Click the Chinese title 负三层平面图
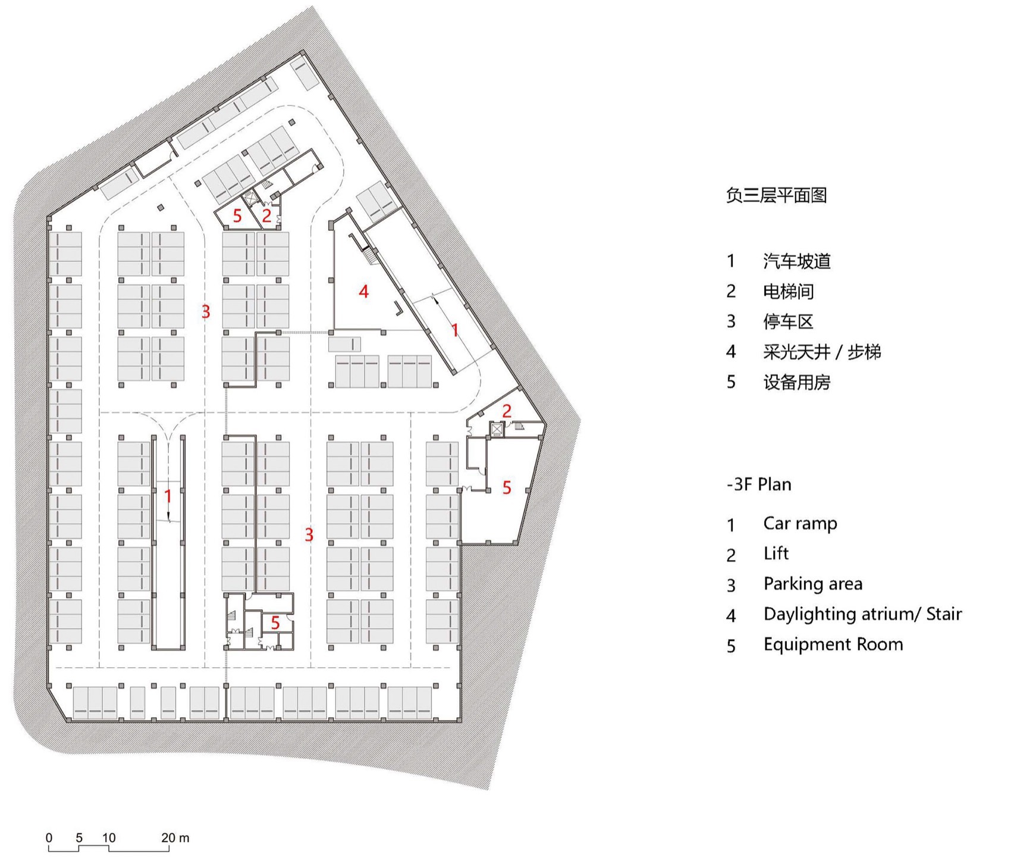click(x=776, y=195)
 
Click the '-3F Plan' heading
click(x=759, y=484)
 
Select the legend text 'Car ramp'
click(x=800, y=524)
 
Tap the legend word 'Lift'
click(x=776, y=554)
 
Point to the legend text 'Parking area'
click(x=813, y=584)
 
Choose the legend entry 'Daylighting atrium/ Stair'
click(x=862, y=614)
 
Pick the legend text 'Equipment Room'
click(x=833, y=645)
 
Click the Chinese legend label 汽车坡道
click(x=797, y=261)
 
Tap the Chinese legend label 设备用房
click(x=797, y=382)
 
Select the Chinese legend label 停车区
click(x=788, y=321)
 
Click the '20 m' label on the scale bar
click(x=175, y=838)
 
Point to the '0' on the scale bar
click(x=49, y=838)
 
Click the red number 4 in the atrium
click(x=364, y=292)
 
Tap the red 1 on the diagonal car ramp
click(x=455, y=330)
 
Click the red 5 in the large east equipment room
click(x=507, y=488)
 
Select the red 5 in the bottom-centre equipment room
click(x=275, y=623)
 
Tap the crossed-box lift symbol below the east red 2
click(x=497, y=429)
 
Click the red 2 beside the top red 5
click(x=266, y=215)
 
